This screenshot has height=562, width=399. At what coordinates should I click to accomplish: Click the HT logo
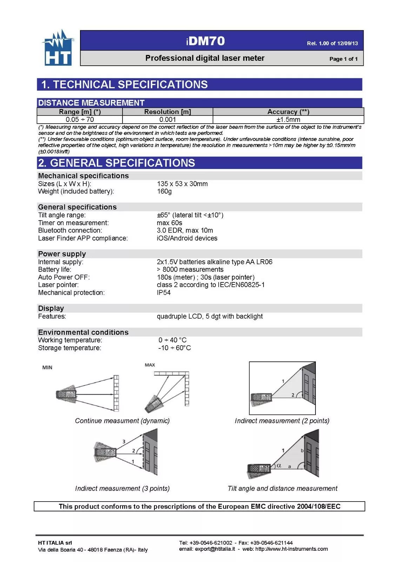pyautogui.click(x=58, y=48)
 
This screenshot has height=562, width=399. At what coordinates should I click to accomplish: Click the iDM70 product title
pyautogui.click(x=205, y=41)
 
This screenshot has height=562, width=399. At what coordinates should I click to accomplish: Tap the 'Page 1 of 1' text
pyautogui.click(x=343, y=59)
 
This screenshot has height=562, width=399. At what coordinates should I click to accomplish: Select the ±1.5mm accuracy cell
pyautogui.click(x=288, y=120)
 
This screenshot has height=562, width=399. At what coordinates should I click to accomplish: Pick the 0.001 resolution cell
pyautogui.click(x=167, y=120)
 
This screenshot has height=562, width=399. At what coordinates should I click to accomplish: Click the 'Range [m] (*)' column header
pyautogui.click(x=80, y=112)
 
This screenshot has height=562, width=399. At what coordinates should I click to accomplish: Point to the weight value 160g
pyautogui.click(x=164, y=191)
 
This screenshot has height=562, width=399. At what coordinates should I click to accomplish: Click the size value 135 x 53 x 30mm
pyautogui.click(x=182, y=184)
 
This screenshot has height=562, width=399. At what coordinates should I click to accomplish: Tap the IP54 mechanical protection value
pyautogui.click(x=164, y=293)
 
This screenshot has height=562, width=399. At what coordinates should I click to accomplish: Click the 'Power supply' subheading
pyautogui.click(x=62, y=254)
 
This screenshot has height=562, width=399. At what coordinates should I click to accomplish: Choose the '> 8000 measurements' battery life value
pyautogui.click(x=190, y=269)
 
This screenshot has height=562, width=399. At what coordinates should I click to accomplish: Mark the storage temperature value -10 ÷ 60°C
pyautogui.click(x=174, y=348)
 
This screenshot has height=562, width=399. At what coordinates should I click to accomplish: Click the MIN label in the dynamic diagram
pyautogui.click(x=47, y=367)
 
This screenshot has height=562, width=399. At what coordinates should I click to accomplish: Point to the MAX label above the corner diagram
pyautogui.click(x=150, y=365)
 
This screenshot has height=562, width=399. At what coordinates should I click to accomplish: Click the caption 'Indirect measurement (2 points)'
pyautogui.click(x=282, y=421)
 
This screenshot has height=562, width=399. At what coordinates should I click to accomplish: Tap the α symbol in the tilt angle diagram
pyautogui.click(x=279, y=465)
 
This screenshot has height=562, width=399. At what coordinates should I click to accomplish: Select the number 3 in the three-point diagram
pyautogui.click(x=124, y=442)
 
